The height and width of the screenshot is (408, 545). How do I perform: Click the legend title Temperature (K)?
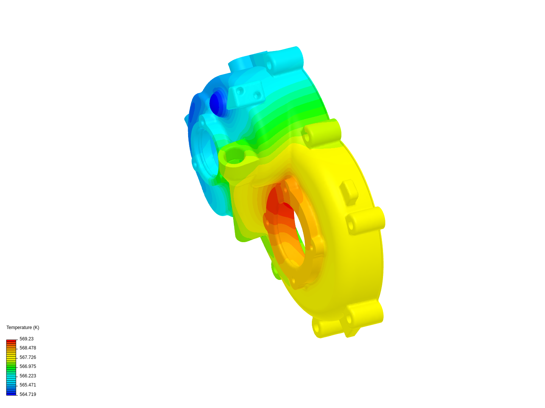pyautogui.click(x=23, y=328)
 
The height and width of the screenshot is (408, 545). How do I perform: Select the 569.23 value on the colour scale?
pyautogui.click(x=26, y=339)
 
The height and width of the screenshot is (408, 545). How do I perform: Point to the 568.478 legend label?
pyautogui.click(x=28, y=348)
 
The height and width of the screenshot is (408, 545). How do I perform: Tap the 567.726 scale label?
pyautogui.click(x=28, y=357)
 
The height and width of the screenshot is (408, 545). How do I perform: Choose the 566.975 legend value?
pyautogui.click(x=28, y=366)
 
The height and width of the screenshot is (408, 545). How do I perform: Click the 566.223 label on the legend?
pyautogui.click(x=28, y=376)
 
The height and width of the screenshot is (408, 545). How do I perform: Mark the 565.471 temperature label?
pyautogui.click(x=28, y=385)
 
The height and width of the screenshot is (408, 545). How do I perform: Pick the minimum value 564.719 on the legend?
pyautogui.click(x=28, y=394)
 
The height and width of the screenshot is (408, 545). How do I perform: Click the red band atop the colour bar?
pyautogui.click(x=11, y=341)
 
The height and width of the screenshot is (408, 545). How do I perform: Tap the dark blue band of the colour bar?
pyautogui.click(x=11, y=394)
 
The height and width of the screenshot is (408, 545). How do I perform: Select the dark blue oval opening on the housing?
pyautogui.click(x=215, y=104)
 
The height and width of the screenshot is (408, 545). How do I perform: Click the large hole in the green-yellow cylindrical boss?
pyautogui.click(x=235, y=155)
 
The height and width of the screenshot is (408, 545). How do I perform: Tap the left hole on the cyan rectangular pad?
pyautogui.click(x=240, y=91)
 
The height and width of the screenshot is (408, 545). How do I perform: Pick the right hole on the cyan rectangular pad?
pyautogui.click(x=257, y=95)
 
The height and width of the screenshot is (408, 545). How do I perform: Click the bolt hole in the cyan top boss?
pyautogui.click(x=269, y=65)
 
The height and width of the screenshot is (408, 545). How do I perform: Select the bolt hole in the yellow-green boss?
pyautogui.click(x=307, y=138)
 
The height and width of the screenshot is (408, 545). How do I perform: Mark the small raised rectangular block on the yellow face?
pyautogui.click(x=349, y=192)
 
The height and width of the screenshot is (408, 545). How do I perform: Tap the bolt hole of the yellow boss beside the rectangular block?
pyautogui.click(x=350, y=226)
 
